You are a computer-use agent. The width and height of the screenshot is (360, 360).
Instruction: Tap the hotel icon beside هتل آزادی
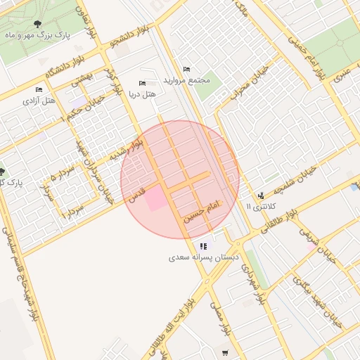[39, 90]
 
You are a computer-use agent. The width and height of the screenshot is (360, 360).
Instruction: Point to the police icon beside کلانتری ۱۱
[261, 195]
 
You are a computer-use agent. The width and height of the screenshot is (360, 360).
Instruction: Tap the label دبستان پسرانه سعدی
[200, 258]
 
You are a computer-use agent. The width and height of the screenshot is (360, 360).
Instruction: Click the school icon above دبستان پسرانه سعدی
[203, 246]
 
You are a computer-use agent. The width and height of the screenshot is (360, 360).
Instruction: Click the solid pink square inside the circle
[156, 199]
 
